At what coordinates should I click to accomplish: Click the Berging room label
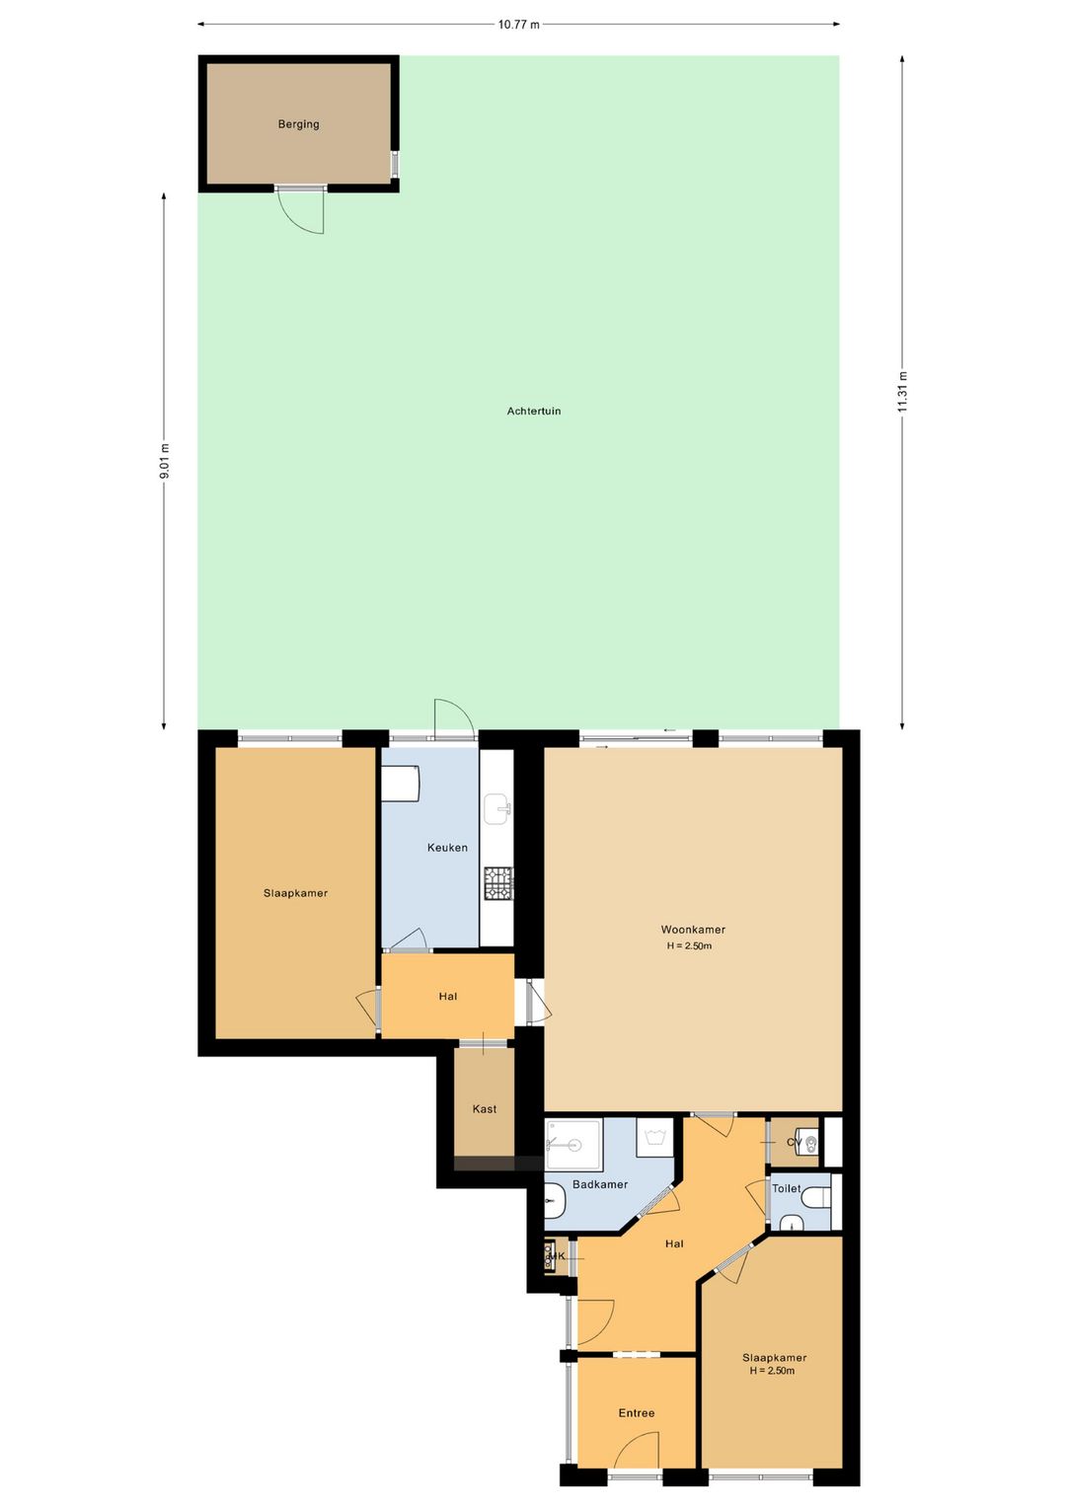coord(299,124)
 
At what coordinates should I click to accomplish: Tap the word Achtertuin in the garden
coord(533,411)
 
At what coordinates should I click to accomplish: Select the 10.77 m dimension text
coord(518,25)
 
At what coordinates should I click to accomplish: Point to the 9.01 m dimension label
coord(164,461)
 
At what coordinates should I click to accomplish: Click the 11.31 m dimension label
coord(902,393)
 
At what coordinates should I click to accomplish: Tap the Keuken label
coord(447,848)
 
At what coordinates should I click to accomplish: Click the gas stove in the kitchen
coord(498,882)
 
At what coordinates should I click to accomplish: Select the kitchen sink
coord(497,808)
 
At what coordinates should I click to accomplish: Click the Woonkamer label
coord(693,930)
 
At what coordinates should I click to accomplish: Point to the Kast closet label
coord(485,1108)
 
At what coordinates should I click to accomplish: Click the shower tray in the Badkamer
coord(573,1144)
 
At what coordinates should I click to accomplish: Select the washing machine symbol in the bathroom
coord(654,1138)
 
